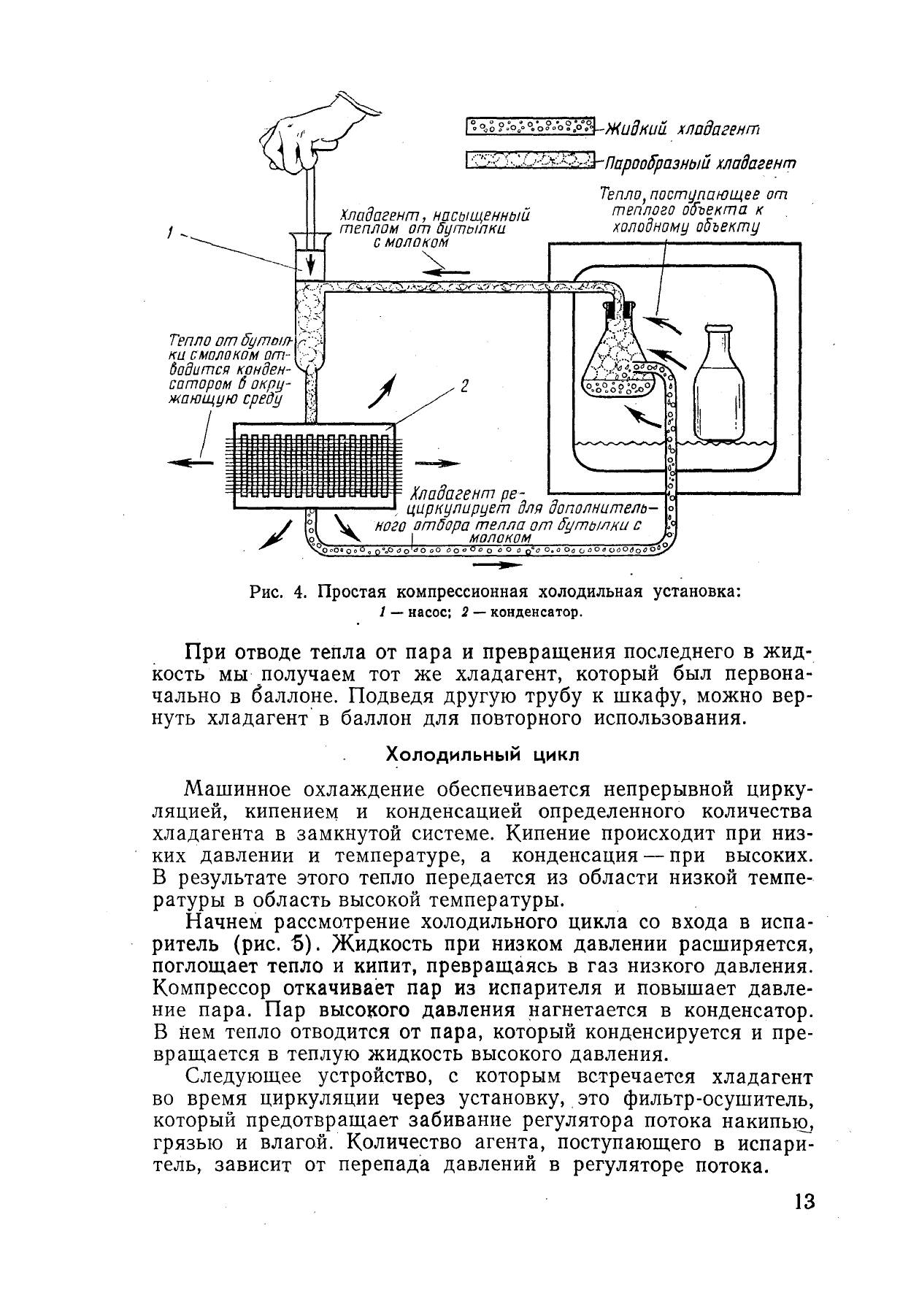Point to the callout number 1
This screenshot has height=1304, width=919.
pos(169,233)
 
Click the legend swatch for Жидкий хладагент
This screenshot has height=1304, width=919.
pos(530,126)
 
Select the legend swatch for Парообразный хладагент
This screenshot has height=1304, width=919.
pos(530,159)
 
